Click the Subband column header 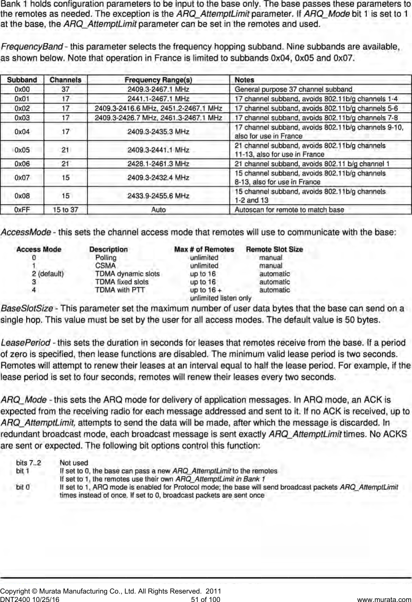coord(22,80)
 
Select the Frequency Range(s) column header coord(158,80)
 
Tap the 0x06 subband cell coord(22,164)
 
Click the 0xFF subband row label coord(22,210)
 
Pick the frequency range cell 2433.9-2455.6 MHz coord(158,196)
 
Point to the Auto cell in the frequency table coord(158,210)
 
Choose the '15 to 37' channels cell coord(65,210)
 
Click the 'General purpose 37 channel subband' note coord(293,89)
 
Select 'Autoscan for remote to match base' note coord(289,210)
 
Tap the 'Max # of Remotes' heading coord(204,249)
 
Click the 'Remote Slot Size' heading coord(274,249)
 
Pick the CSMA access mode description coord(105,266)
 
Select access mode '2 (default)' coord(48,274)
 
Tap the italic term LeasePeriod coord(26,343)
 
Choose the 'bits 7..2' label coord(29,463)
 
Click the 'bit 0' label coord(23,487)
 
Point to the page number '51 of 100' coord(206,599)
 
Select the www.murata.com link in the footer coord(387,599)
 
